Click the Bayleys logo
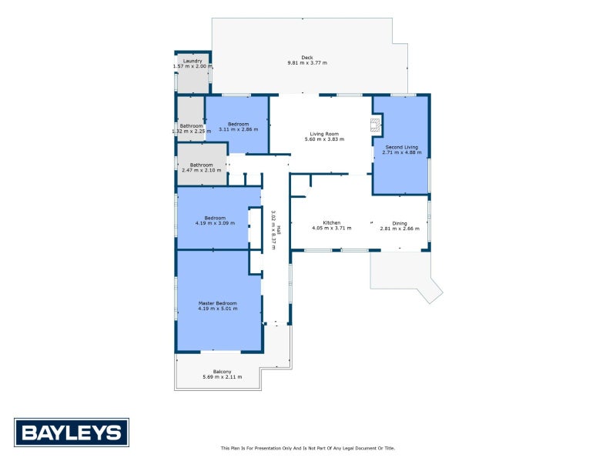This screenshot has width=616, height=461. pyautogui.click(x=72, y=432)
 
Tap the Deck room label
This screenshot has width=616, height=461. pyautogui.click(x=306, y=57)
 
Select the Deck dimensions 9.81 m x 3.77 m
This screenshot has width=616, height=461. pyautogui.click(x=306, y=63)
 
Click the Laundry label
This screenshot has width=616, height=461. pyautogui.click(x=192, y=61)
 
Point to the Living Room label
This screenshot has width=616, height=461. pyautogui.click(x=324, y=134)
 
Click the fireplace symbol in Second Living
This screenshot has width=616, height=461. pyautogui.click(x=376, y=125)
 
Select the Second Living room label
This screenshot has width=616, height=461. pyautogui.click(x=400, y=146)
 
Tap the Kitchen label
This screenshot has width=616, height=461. pyautogui.click(x=331, y=223)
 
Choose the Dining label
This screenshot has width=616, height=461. pyautogui.click(x=399, y=223)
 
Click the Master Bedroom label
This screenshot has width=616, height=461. pyautogui.click(x=218, y=303)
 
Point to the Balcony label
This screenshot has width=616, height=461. pyautogui.click(x=222, y=372)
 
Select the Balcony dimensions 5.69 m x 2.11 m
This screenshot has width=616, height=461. pyautogui.click(x=222, y=377)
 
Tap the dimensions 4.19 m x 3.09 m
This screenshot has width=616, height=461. pyautogui.click(x=215, y=223)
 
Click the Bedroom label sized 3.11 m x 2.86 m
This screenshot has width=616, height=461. pyautogui.click(x=238, y=124)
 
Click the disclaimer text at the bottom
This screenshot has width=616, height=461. pyautogui.click(x=307, y=448)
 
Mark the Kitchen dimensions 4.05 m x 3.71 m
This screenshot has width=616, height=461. pyautogui.click(x=331, y=229)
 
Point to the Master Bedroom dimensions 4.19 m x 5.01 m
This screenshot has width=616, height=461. pyautogui.click(x=218, y=309)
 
